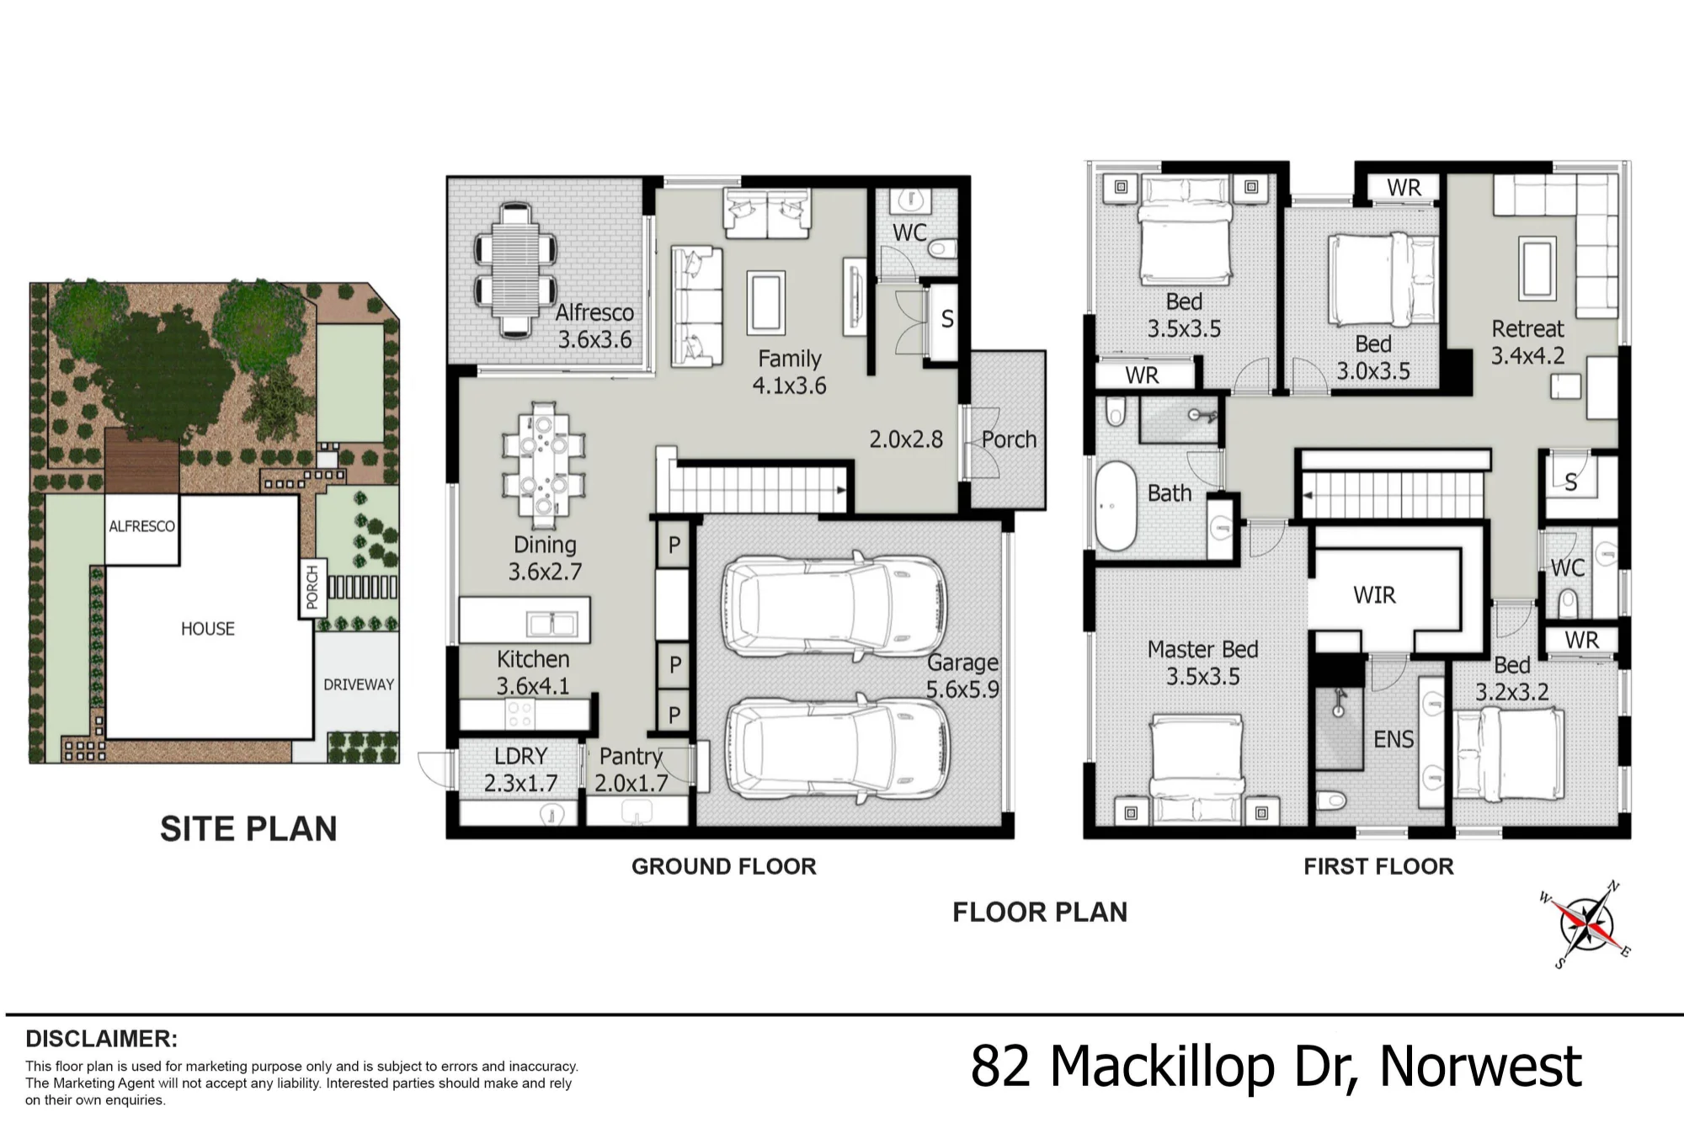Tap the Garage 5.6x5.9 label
(x=962, y=676)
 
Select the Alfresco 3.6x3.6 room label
(x=594, y=326)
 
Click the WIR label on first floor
(x=1374, y=595)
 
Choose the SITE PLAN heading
(x=248, y=829)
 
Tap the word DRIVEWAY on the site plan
(x=359, y=684)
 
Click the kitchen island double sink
(x=552, y=624)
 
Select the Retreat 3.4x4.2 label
(x=1527, y=342)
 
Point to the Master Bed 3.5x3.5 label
(x=1203, y=663)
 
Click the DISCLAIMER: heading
(x=102, y=1038)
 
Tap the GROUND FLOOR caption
(x=724, y=866)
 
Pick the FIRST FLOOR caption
(x=1379, y=866)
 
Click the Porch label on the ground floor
(x=1009, y=439)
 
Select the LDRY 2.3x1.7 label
(x=521, y=769)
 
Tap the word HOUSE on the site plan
(x=208, y=629)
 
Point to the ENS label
(x=1394, y=739)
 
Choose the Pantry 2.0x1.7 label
(x=631, y=769)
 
